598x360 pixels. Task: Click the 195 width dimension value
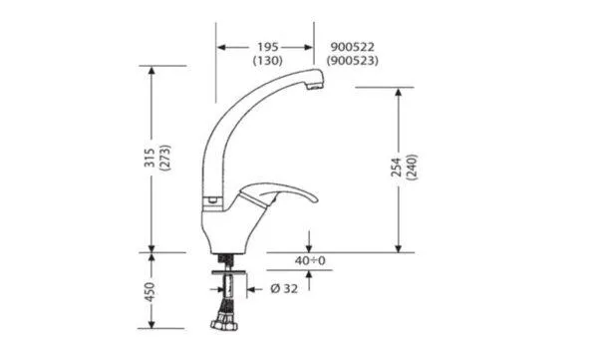268,47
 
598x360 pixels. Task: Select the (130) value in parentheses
268,60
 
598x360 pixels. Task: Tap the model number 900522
353,47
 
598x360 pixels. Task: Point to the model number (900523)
353,60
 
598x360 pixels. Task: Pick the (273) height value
165,158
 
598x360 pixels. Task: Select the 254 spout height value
397,167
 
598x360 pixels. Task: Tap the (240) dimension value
413,167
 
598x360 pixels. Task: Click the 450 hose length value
149,291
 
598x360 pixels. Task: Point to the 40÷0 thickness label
310,260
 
